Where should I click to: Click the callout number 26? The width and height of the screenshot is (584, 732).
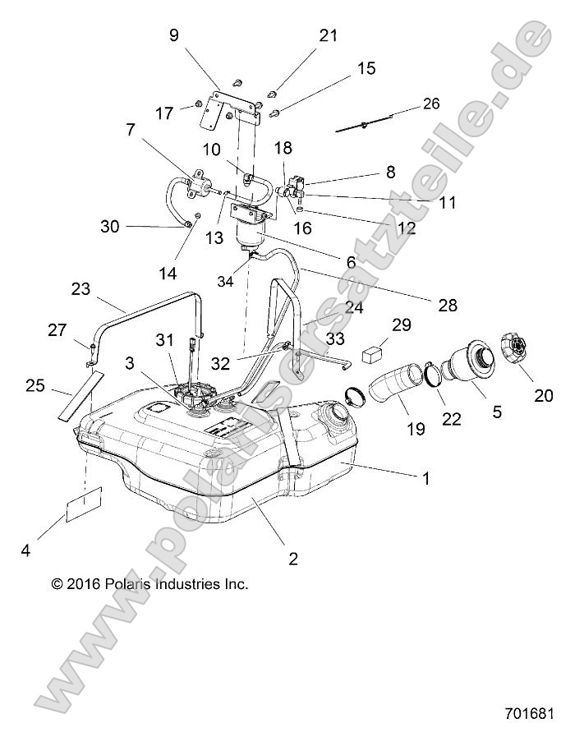click(430, 104)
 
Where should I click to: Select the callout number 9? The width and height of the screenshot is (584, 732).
click(173, 35)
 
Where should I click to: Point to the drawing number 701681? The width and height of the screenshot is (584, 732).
click(531, 711)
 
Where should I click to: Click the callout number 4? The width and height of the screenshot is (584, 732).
click(25, 552)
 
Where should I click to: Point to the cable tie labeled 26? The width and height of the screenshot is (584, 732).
click(364, 125)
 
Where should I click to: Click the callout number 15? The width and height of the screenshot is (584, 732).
click(366, 68)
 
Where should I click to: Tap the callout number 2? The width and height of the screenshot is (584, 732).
click(293, 559)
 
